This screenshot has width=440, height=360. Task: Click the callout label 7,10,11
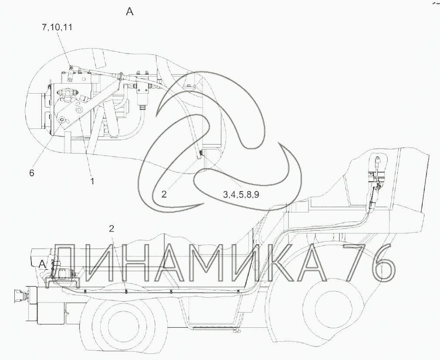[57, 27]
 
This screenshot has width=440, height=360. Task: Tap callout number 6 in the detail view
[32, 173]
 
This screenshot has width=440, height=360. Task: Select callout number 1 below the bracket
[92, 182]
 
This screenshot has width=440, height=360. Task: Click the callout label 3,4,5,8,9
[241, 195]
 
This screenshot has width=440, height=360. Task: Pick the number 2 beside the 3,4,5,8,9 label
[164, 194]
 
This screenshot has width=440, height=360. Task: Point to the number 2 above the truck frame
[112, 229]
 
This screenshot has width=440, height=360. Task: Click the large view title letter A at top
[130, 11]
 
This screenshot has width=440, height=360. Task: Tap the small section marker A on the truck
[42, 263]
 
